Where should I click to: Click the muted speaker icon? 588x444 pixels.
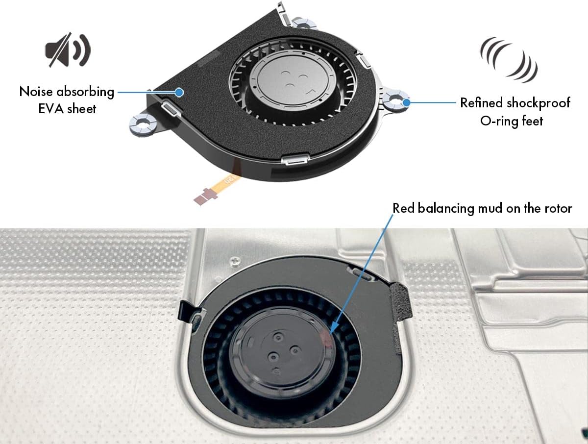(68, 50)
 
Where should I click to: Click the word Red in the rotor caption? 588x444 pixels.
(403, 208)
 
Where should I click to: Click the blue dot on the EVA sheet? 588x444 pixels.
(179, 92)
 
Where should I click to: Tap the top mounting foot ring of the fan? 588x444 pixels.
(300, 23)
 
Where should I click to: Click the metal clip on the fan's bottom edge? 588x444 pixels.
(294, 159)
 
